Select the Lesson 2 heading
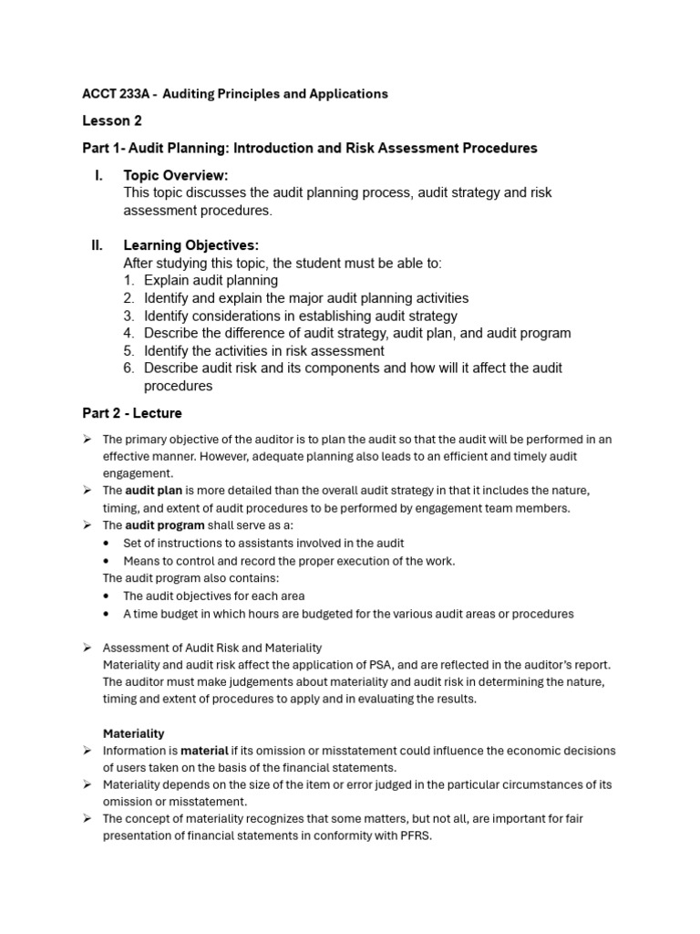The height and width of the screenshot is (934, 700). point(112,120)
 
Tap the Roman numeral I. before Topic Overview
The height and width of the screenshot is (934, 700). point(98,175)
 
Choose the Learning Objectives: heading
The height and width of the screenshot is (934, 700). point(191,245)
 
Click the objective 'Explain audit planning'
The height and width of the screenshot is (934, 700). point(211,280)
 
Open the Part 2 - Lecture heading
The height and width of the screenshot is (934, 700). point(132,413)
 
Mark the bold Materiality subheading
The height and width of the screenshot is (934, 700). point(133,733)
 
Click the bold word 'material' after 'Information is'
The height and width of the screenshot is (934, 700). point(204,751)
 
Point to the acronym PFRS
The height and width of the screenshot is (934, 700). point(412,835)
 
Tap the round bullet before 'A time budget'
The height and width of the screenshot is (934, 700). point(108,614)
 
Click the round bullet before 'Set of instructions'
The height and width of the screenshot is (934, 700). point(108,544)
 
